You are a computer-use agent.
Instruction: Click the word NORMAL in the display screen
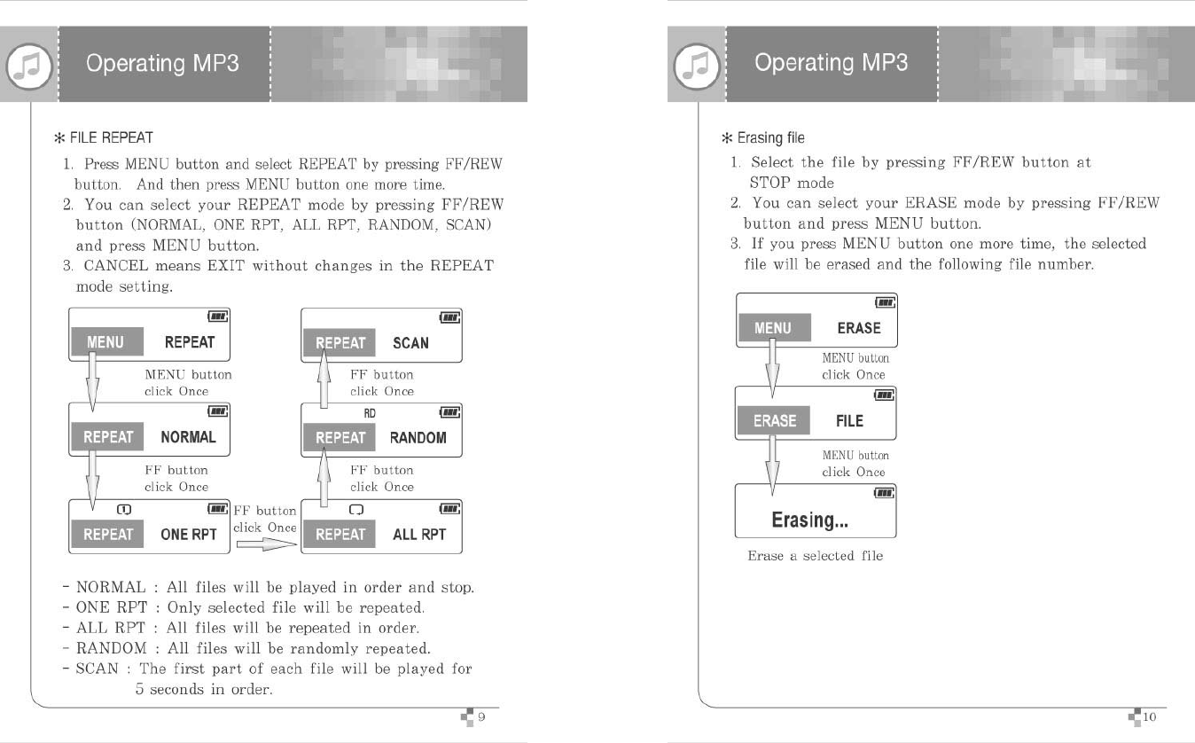pyautogui.click(x=188, y=437)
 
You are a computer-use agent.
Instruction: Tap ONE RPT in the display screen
pyautogui.click(x=189, y=535)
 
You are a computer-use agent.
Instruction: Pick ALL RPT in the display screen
pyautogui.click(x=419, y=535)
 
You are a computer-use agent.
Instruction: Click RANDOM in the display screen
pyautogui.click(x=418, y=437)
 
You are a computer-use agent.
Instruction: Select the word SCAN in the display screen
pyautogui.click(x=410, y=343)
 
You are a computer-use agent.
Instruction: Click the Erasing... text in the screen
pyautogui.click(x=809, y=520)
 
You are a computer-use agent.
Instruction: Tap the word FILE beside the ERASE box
pyautogui.click(x=849, y=421)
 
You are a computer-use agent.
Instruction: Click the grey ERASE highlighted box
pyautogui.click(x=774, y=421)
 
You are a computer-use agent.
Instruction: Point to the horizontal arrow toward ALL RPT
pyautogui.click(x=264, y=547)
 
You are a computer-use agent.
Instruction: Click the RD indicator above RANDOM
pyautogui.click(x=370, y=413)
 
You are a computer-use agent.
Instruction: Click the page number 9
pyautogui.click(x=482, y=716)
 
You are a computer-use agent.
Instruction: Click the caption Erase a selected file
pyautogui.click(x=815, y=556)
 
